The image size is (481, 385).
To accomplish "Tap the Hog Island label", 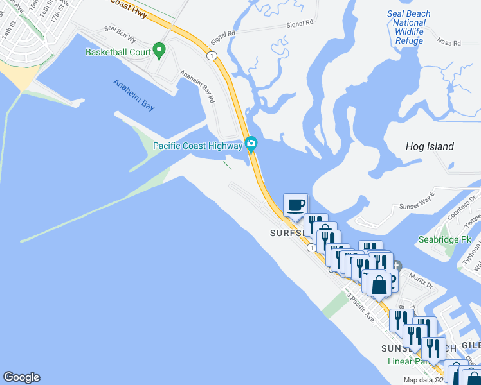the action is coord(430,146).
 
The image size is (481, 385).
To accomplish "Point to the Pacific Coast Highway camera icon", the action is coord(251,144).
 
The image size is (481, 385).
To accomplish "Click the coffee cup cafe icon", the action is coord(295,205).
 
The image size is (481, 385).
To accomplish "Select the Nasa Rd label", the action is coord(449,43).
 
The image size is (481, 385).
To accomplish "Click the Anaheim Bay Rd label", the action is coord(199,85).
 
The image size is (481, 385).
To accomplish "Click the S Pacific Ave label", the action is coord(361,307).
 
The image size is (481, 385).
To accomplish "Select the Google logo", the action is coord(21,377).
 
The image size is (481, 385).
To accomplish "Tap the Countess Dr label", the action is coord(460,207).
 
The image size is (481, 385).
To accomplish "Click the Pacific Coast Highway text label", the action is coord(197,145).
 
